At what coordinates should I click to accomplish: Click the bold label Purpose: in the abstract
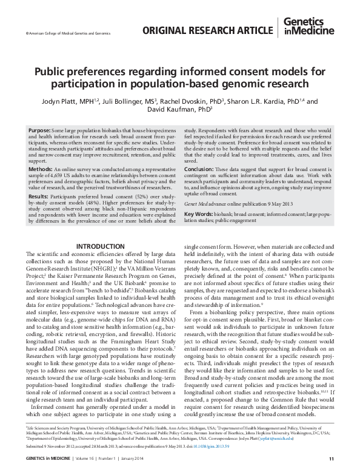click(41, 130)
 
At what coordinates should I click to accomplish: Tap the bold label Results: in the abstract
click(41, 197)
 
